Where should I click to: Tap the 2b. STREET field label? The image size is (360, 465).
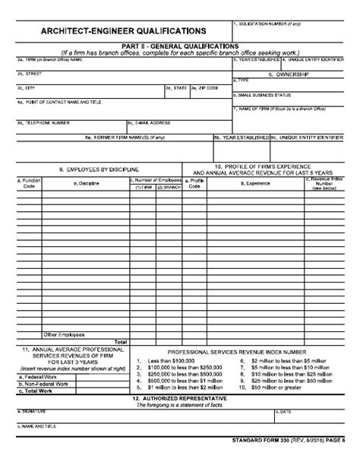coord(29,74)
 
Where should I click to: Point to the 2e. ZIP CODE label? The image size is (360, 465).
coord(204,87)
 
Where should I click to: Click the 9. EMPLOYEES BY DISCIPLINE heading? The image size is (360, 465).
coord(99,169)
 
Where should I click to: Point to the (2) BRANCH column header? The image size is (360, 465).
coord(168,186)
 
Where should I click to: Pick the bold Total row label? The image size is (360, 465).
coord(120,341)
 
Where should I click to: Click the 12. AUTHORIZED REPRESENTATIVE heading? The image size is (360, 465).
coord(179,397)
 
